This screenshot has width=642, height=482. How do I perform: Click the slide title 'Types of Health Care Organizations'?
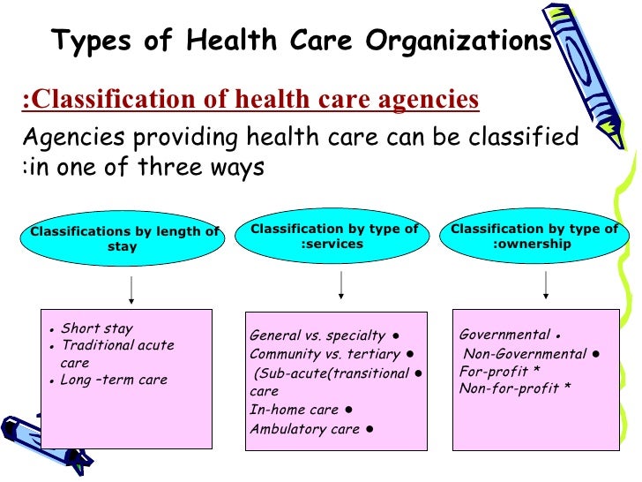[x=301, y=41]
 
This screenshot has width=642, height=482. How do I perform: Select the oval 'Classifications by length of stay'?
[x=123, y=239]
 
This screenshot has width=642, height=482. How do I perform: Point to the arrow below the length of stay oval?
[x=131, y=290]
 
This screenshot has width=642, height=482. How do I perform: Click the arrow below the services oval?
[x=340, y=285]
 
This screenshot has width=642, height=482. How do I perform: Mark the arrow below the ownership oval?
[x=546, y=284]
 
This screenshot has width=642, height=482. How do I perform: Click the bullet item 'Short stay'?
[x=97, y=328]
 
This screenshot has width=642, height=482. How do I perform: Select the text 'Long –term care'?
[x=114, y=380]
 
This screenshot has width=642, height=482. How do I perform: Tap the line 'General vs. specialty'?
[x=317, y=335]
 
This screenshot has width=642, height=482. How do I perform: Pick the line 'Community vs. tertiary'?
[x=325, y=354]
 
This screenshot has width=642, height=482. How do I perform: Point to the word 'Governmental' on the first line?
[x=504, y=335]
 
